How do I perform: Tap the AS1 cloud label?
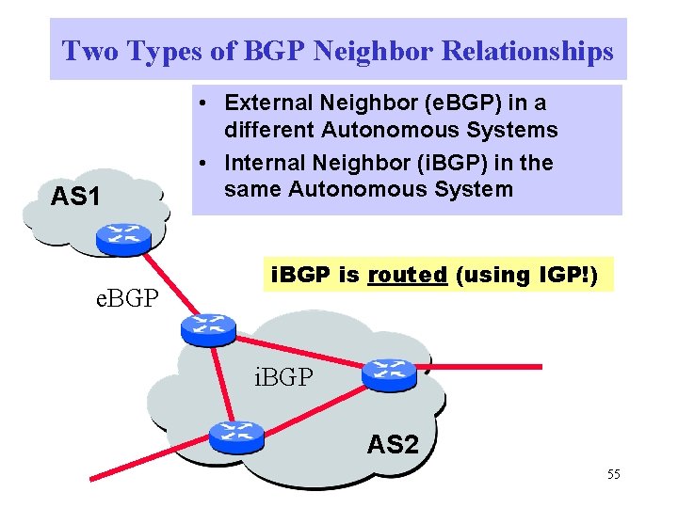pos(74,197)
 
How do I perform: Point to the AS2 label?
pos(393,444)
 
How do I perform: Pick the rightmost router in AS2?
pos(388,373)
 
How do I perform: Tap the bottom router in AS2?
pos(236,435)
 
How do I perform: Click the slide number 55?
pos(613,474)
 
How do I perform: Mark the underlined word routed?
pos(407,275)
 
